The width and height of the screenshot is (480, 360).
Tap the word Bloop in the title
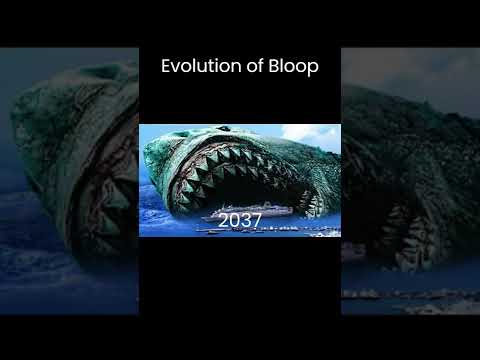pyautogui.click(x=290, y=67)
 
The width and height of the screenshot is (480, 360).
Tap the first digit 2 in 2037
pyautogui.click(x=222, y=219)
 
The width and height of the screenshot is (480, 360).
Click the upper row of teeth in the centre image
pyautogui.click(x=240, y=165)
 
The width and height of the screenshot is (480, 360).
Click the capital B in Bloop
pyautogui.click(x=269, y=67)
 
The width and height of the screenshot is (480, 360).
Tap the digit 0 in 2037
pyautogui.click(x=233, y=219)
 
